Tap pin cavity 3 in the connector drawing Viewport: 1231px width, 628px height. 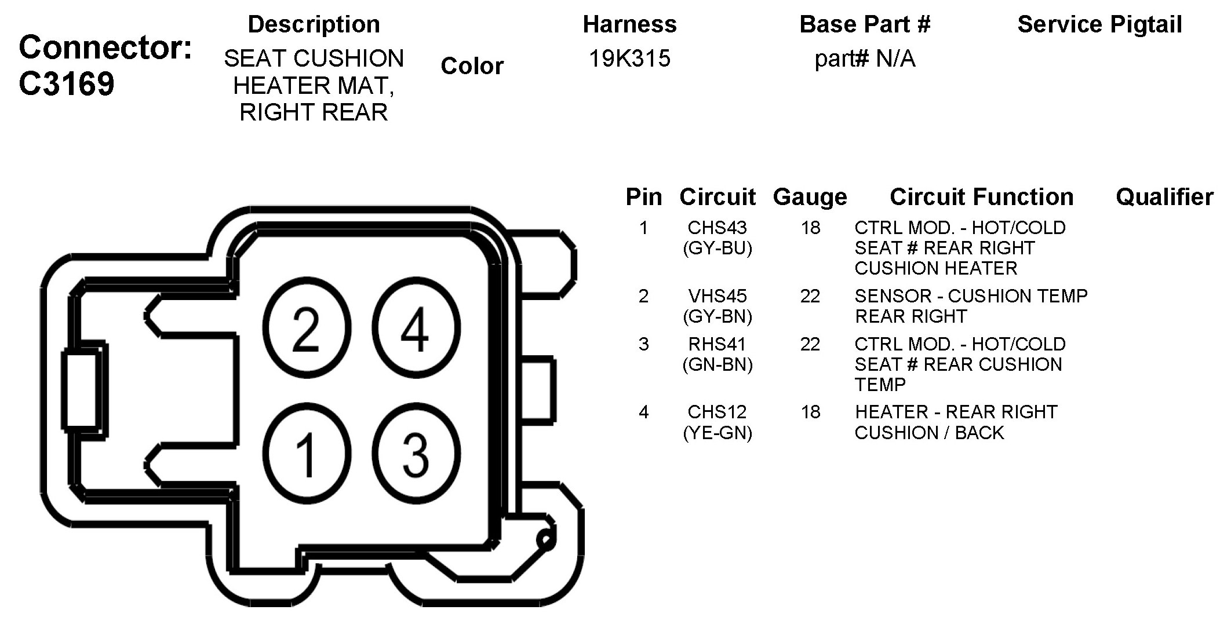click(416, 453)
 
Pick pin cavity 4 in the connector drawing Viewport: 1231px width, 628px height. click(416, 328)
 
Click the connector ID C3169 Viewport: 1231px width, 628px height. click(67, 85)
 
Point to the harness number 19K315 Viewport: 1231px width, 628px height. click(629, 59)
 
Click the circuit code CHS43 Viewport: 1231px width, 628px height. click(717, 228)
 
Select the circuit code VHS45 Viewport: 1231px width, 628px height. click(717, 296)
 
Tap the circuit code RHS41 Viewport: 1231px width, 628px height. click(717, 344)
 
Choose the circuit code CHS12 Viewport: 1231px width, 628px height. click(717, 412)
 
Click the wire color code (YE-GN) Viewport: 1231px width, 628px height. click(718, 433)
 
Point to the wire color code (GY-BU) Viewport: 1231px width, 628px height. click(718, 249)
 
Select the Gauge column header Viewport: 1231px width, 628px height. click(810, 197)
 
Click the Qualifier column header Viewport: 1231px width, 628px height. click(1164, 197)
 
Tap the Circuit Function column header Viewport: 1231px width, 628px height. click(981, 197)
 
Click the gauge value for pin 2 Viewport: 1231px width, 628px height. click(810, 296)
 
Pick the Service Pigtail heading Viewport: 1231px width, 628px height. click(1099, 24)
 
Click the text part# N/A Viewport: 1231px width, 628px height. click(865, 59)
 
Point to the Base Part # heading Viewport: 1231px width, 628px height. click(865, 24)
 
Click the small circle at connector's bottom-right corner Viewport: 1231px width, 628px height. click(545, 539)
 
